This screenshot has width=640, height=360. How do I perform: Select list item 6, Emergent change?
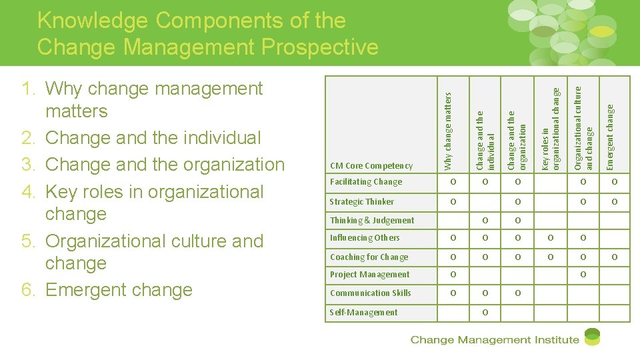pyautogui.click(x=119, y=290)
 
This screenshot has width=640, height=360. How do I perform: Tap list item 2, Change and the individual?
pyautogui.click(x=153, y=138)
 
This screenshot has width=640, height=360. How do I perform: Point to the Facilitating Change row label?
pyautogui.click(x=366, y=182)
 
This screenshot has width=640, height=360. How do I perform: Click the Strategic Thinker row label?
pyautogui.click(x=362, y=201)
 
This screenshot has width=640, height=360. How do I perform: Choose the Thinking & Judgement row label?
pyautogui.click(x=372, y=220)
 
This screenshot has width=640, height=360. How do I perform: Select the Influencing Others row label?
pyautogui.click(x=365, y=238)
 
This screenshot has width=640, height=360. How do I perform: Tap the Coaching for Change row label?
pyautogui.click(x=369, y=257)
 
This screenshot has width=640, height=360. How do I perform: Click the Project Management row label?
pyautogui.click(x=370, y=275)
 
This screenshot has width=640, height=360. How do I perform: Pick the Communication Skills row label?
pyautogui.click(x=371, y=293)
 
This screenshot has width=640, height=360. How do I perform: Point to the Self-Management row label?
pyautogui.click(x=363, y=312)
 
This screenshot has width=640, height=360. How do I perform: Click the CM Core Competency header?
pyautogui.click(x=371, y=165)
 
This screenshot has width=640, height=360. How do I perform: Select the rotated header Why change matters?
pyautogui.click(x=448, y=130)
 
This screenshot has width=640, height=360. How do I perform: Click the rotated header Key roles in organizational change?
pyautogui.click(x=551, y=127)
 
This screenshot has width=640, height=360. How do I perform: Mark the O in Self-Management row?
pyautogui.click(x=485, y=312)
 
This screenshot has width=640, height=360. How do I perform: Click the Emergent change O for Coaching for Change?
pyautogui.click(x=615, y=257)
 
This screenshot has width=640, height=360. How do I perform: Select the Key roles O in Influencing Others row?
pyautogui.click(x=550, y=238)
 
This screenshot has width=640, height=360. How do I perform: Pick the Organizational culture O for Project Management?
pyautogui.click(x=583, y=275)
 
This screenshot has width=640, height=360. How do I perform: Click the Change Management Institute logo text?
pyautogui.click(x=494, y=340)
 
